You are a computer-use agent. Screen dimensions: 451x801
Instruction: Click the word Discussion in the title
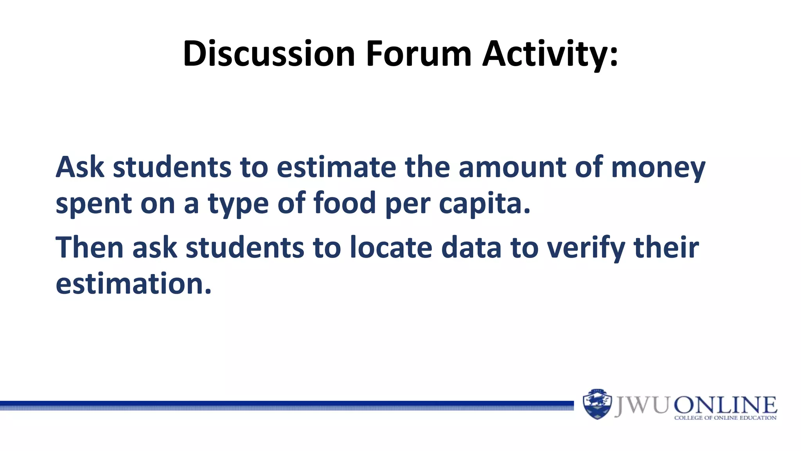pos(269,54)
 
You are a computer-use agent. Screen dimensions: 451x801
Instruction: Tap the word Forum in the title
pos(418,54)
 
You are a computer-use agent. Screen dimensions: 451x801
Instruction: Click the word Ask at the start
pos(80,167)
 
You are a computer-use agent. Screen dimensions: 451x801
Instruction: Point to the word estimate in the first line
pos(336,167)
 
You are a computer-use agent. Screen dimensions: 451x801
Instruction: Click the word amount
pos(512,167)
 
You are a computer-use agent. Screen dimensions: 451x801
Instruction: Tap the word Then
pos(90,247)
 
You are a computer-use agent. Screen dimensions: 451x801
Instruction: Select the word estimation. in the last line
pos(133,284)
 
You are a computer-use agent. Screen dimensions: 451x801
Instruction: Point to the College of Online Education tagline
pos(725,418)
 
